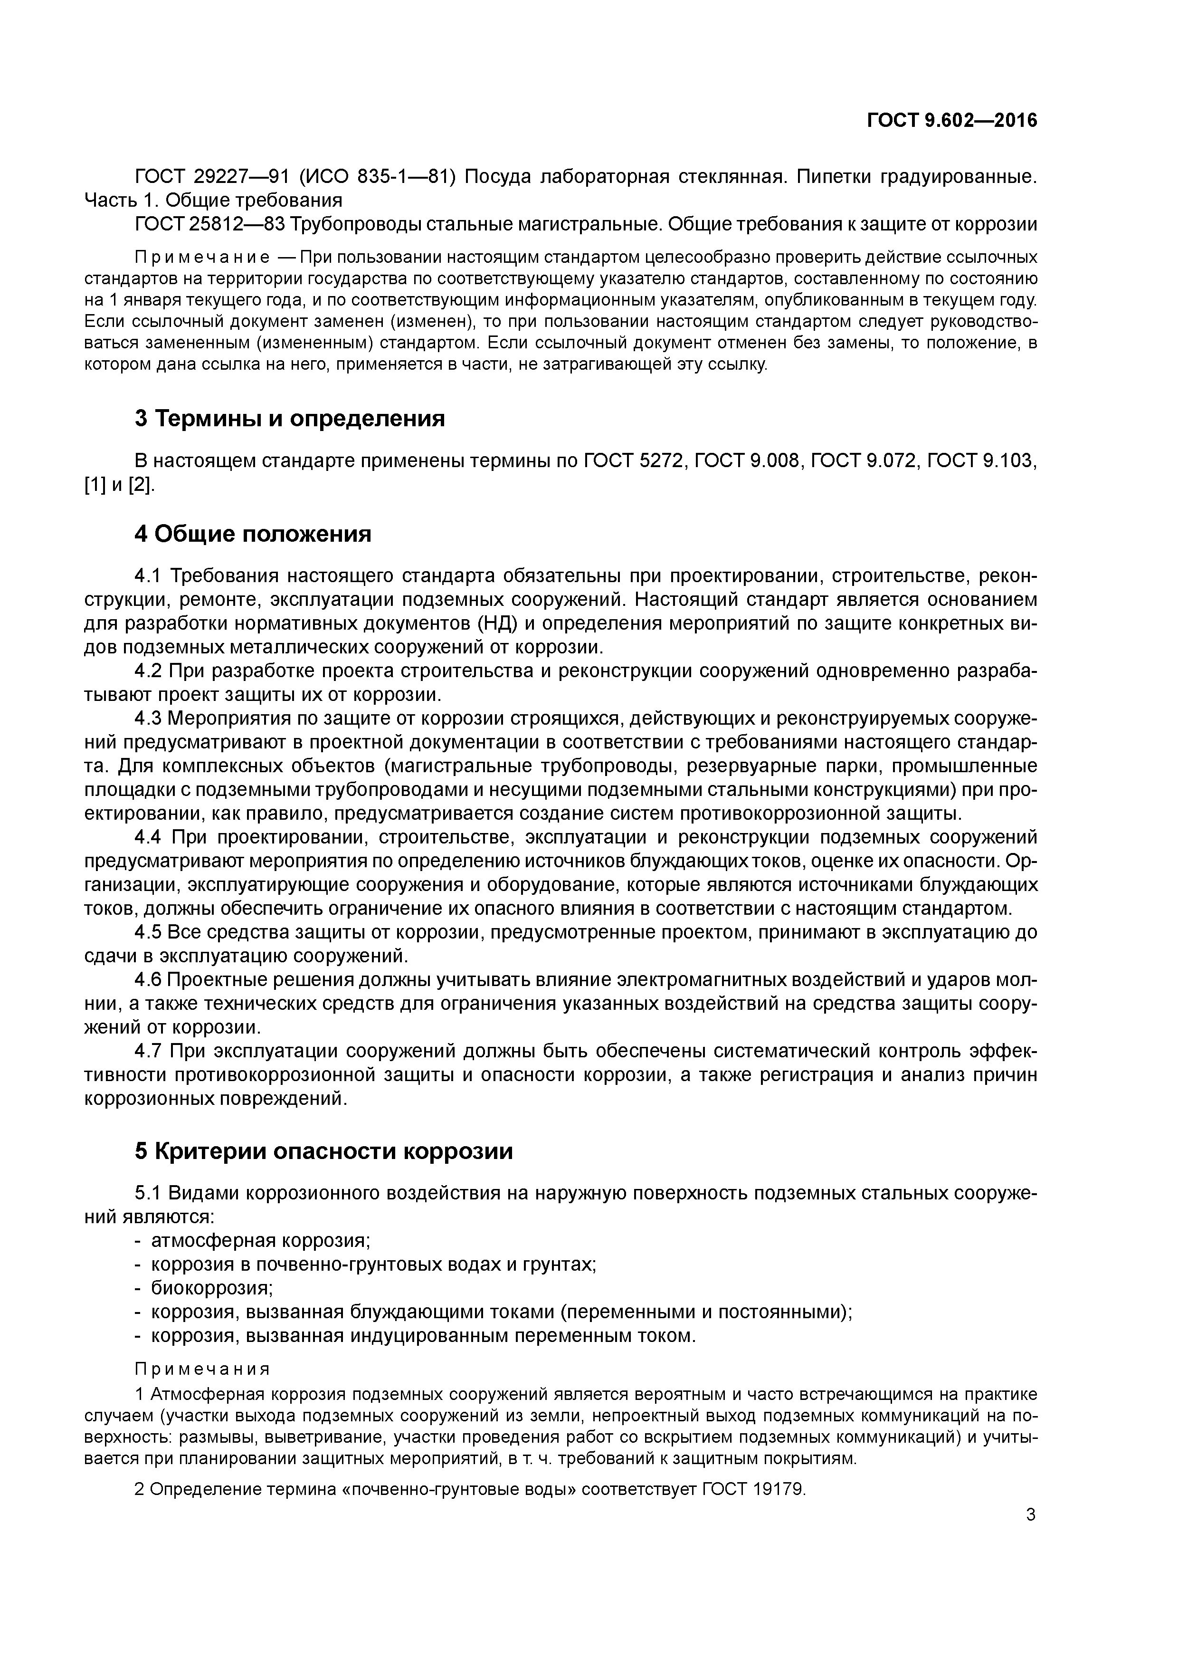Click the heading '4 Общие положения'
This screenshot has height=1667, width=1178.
[253, 535]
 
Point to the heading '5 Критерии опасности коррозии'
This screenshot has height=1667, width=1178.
[324, 1151]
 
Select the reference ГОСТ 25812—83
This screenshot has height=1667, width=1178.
[210, 224]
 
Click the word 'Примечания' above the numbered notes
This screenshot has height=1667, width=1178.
[202, 1370]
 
